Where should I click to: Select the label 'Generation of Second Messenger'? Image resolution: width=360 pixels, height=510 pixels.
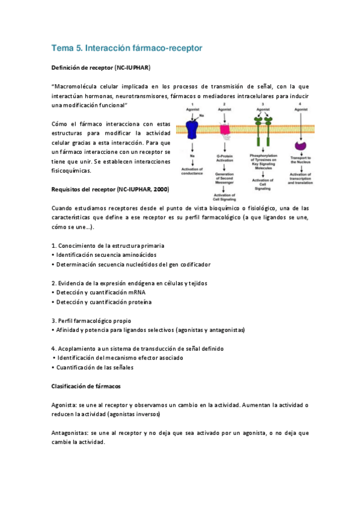click(225, 179)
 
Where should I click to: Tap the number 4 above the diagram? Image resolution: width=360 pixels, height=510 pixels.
click(299, 105)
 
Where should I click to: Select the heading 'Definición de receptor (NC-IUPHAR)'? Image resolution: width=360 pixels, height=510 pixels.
click(100, 67)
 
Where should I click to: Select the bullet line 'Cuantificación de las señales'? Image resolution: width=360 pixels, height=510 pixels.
click(94, 367)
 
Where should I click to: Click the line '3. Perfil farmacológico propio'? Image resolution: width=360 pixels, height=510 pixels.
click(91, 321)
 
